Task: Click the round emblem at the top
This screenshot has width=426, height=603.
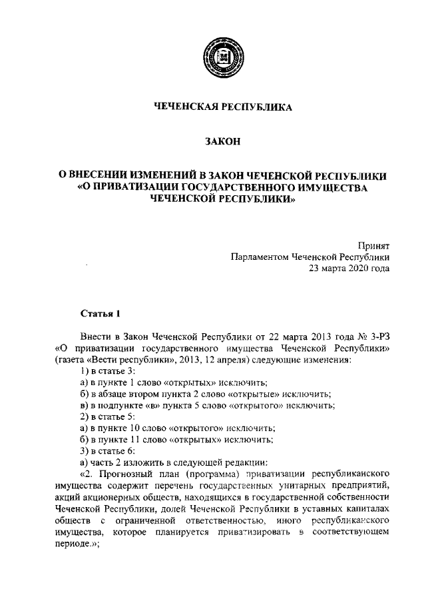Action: [220, 58]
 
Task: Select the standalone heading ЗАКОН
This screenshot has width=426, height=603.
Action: [220, 141]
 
